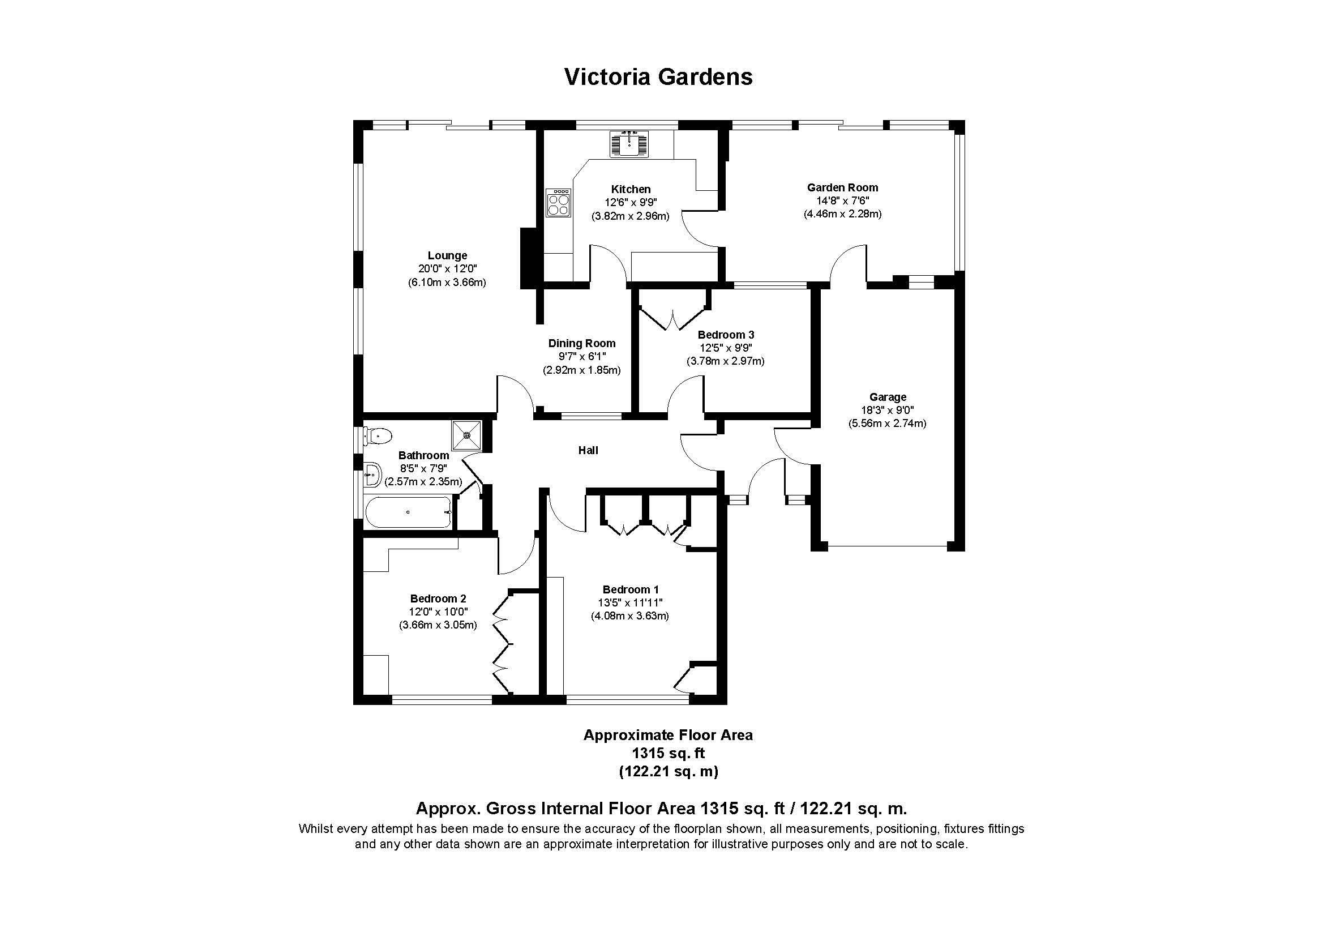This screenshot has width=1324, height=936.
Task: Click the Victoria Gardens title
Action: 658,76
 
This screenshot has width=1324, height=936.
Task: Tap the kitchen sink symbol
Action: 629,144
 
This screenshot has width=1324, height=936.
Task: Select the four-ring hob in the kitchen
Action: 558,202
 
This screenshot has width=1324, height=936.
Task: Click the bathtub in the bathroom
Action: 408,512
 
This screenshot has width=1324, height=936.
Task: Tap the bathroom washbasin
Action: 373,475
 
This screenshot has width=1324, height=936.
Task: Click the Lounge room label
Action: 447,255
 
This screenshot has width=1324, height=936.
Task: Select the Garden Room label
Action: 842,187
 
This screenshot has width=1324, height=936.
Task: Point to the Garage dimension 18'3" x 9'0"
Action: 887,410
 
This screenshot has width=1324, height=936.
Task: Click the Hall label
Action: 588,450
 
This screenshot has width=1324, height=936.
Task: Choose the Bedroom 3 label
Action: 726,335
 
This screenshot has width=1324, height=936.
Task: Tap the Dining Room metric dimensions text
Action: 581,370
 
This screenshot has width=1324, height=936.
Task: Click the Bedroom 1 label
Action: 630,589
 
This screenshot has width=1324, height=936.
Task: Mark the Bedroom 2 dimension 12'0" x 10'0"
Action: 438,612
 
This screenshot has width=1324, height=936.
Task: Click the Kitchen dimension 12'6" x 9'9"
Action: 630,202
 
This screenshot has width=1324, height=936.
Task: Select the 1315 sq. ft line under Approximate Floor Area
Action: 668,753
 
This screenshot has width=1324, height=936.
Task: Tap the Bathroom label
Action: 423,455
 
